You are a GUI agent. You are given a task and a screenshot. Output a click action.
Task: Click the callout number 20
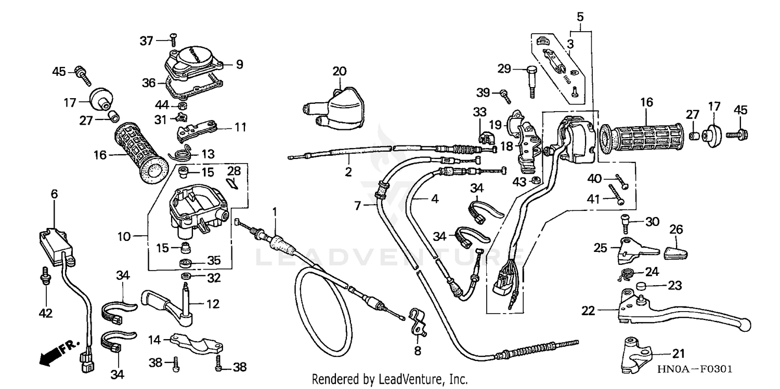coord(339,71)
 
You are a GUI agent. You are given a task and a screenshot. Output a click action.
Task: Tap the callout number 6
coord(54,194)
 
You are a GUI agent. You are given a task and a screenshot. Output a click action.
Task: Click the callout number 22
coord(588,311)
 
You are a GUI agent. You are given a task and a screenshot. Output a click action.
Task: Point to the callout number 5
coord(580,16)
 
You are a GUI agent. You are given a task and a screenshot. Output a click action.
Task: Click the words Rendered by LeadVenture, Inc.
coord(389,379)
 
